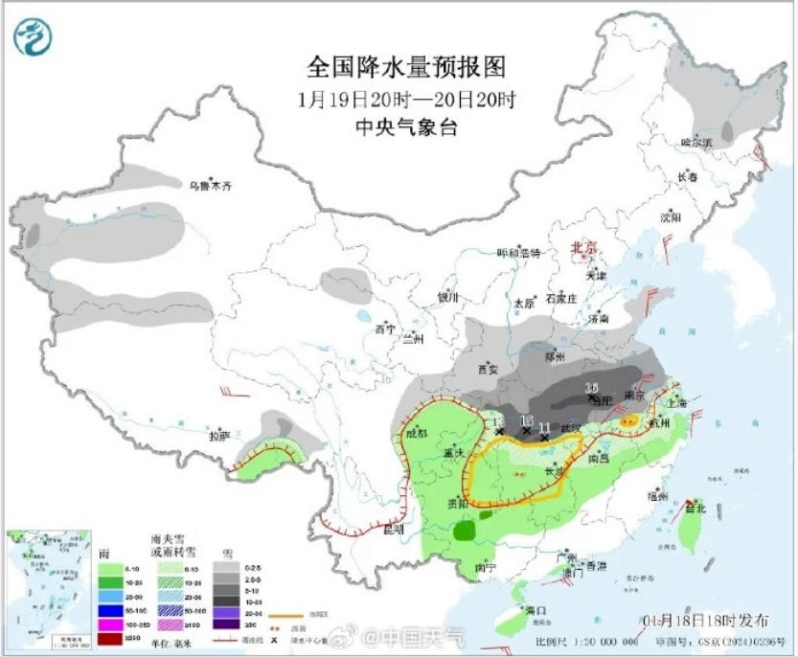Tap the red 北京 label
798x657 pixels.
tap(584, 247)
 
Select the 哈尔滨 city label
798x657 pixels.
tap(696, 143)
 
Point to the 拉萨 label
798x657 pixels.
tap(218, 436)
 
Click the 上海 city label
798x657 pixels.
tap(677, 403)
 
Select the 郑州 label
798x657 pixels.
tap(553, 356)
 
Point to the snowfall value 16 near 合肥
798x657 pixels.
tap(592, 388)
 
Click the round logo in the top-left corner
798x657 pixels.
tap(34, 38)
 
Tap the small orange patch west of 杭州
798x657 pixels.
tap(628, 420)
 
